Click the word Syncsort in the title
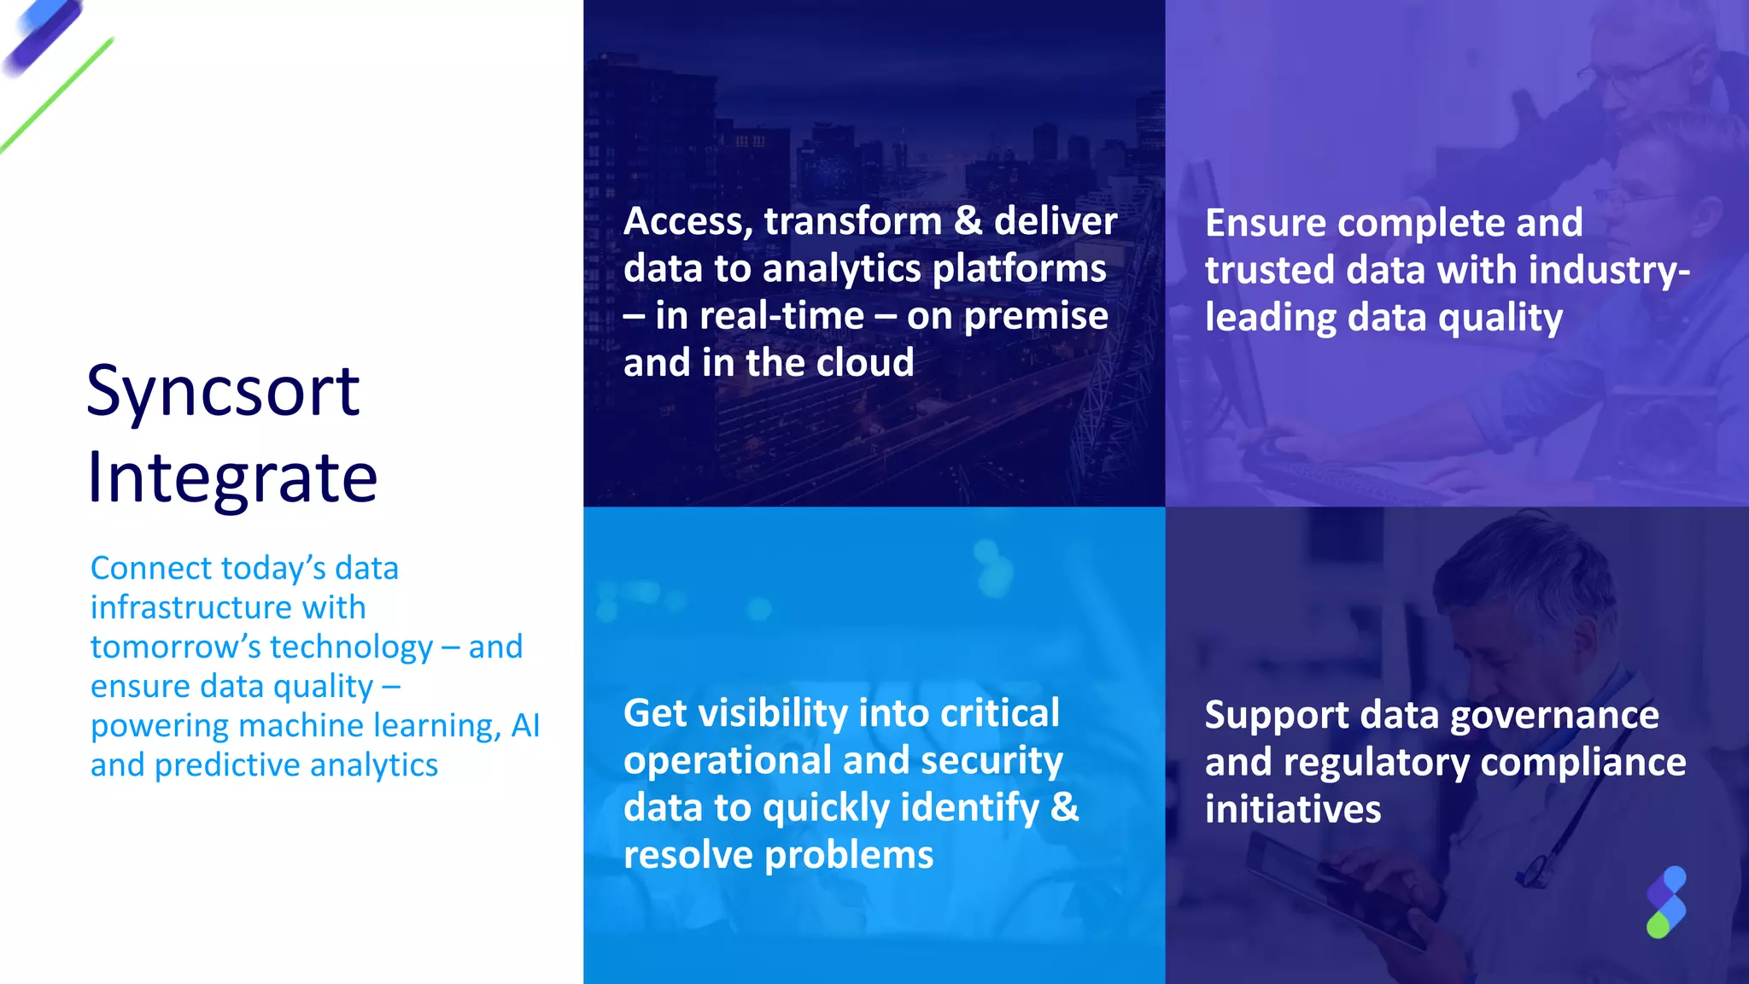point(223,392)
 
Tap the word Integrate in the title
point(232,478)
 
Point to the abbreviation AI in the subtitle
point(525,726)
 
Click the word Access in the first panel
point(687,222)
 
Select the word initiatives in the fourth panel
point(1292,810)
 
